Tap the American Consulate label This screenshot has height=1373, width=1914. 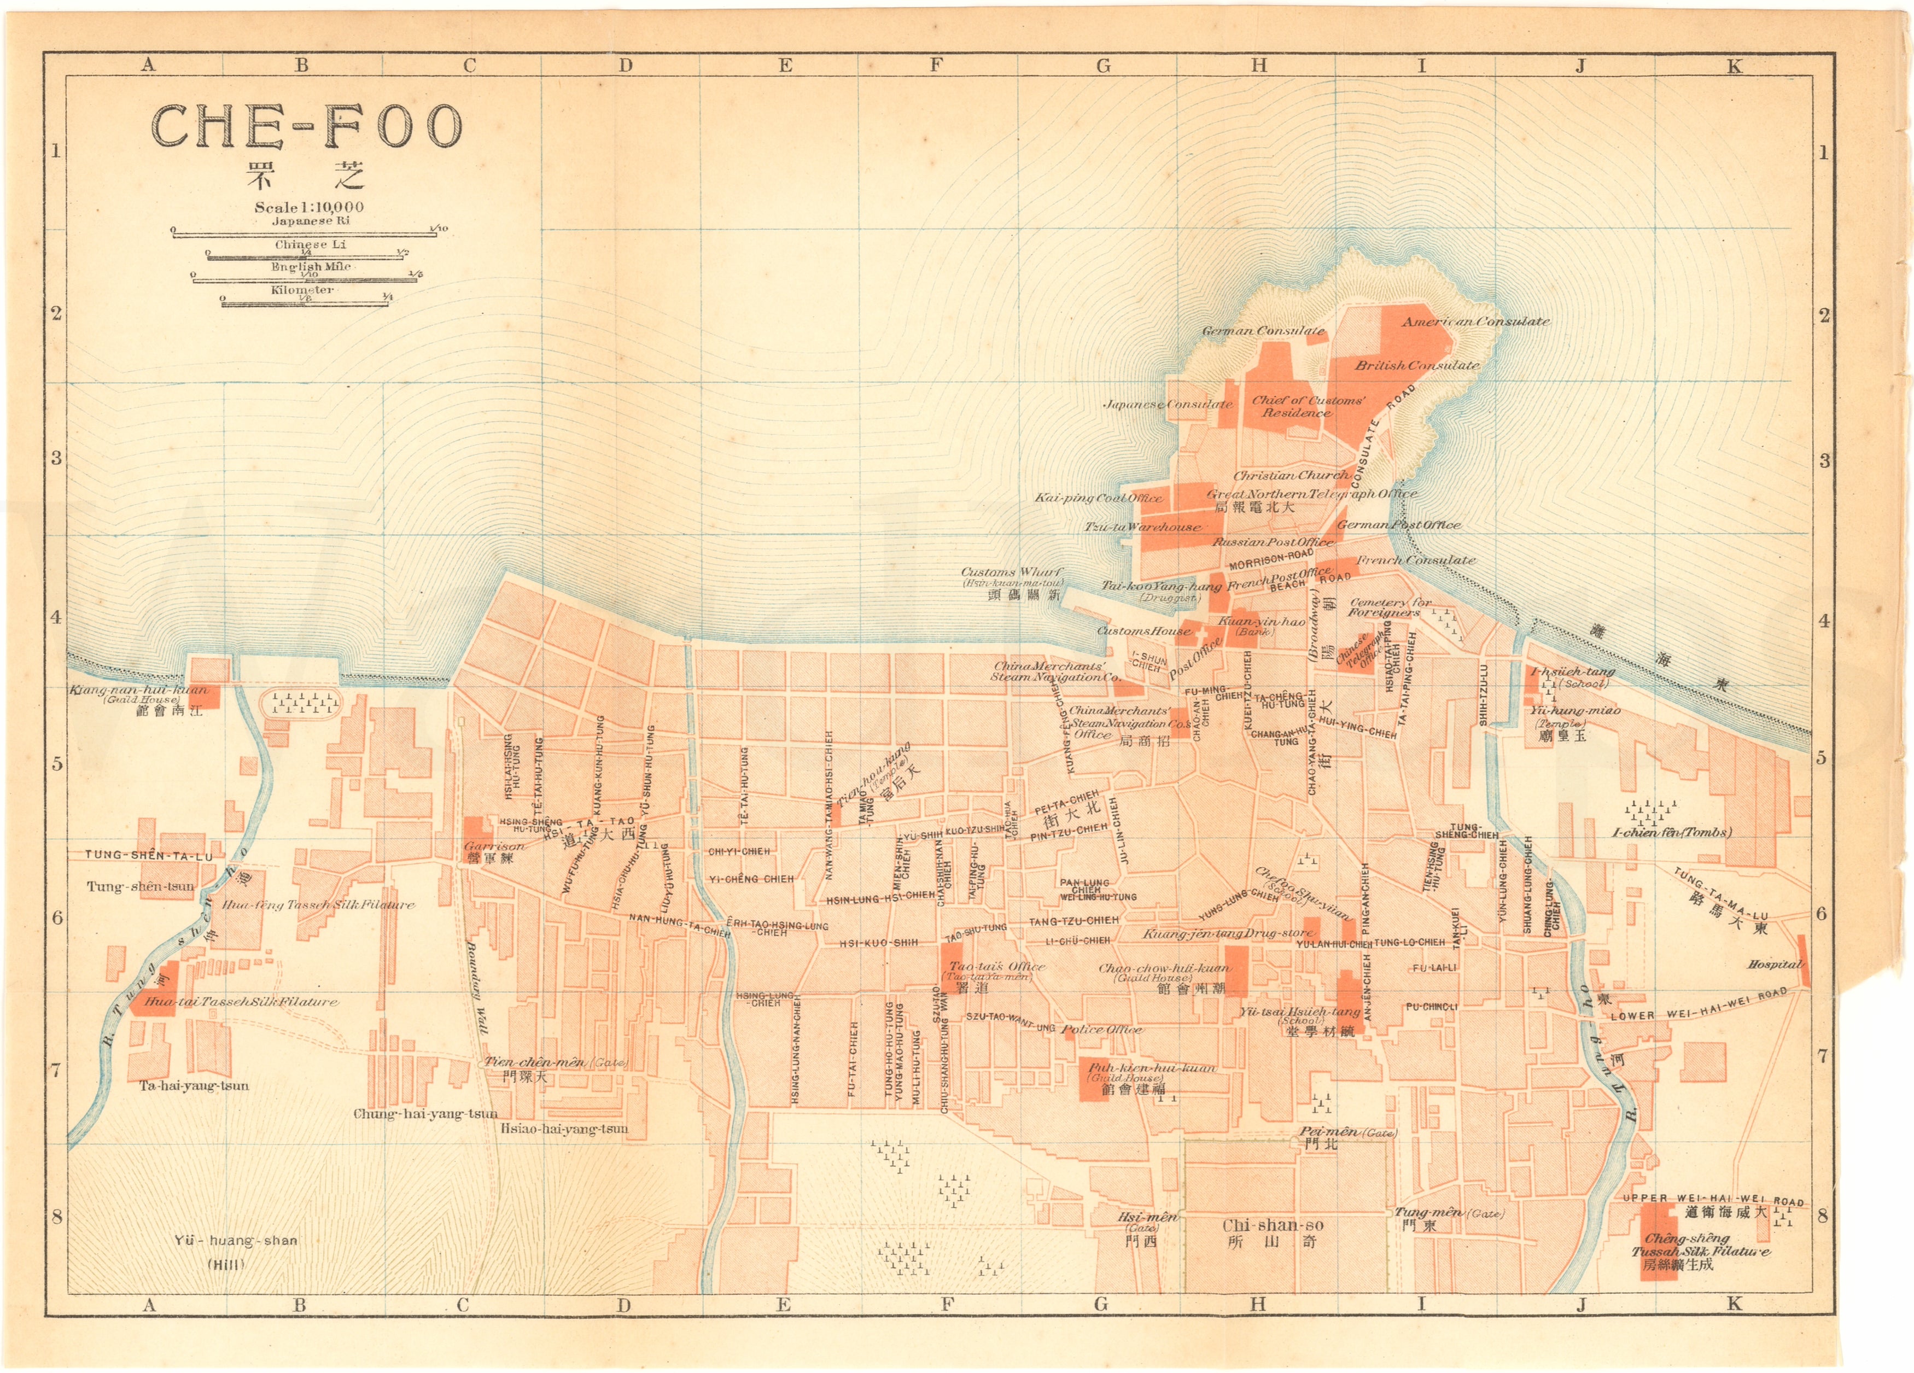click(x=1475, y=322)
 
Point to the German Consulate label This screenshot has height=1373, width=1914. click(x=1263, y=331)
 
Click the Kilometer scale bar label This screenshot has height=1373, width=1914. click(x=302, y=289)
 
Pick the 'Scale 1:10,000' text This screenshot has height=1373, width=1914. click(x=309, y=207)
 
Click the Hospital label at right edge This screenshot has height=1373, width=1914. click(x=1775, y=963)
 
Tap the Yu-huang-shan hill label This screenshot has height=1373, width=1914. click(x=236, y=1241)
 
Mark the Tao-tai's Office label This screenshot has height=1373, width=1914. click(x=997, y=966)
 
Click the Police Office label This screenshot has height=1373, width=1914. click(x=1101, y=1030)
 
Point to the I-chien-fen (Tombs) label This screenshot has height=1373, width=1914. click(x=1671, y=832)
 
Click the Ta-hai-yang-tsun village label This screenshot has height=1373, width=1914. click(x=194, y=1085)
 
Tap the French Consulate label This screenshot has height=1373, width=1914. click(x=1415, y=559)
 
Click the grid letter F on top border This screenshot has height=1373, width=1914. click(x=936, y=65)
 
